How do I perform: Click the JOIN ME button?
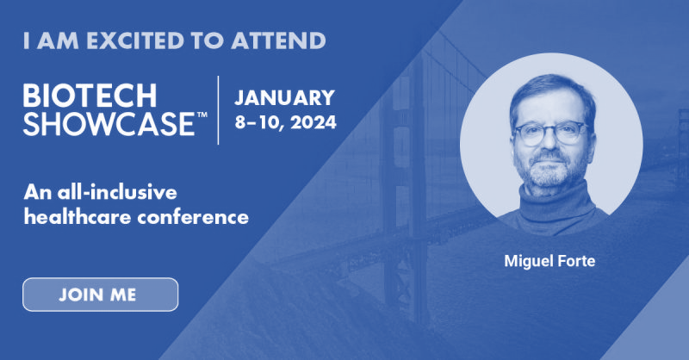(x=100, y=295)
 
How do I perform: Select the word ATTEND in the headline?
(x=278, y=40)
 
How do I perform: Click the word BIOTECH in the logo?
(x=90, y=96)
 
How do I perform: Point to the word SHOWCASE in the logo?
(x=109, y=123)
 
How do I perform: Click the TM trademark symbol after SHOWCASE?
(x=202, y=115)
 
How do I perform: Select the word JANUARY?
(x=284, y=97)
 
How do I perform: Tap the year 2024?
(x=313, y=122)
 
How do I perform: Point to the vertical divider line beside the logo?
(x=219, y=110)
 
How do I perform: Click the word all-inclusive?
(x=117, y=193)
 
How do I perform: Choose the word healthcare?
(x=78, y=217)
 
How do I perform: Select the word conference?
(x=193, y=217)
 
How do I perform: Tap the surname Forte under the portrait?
(x=576, y=261)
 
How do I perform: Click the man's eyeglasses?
(x=551, y=133)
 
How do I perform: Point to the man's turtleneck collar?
(x=552, y=198)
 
